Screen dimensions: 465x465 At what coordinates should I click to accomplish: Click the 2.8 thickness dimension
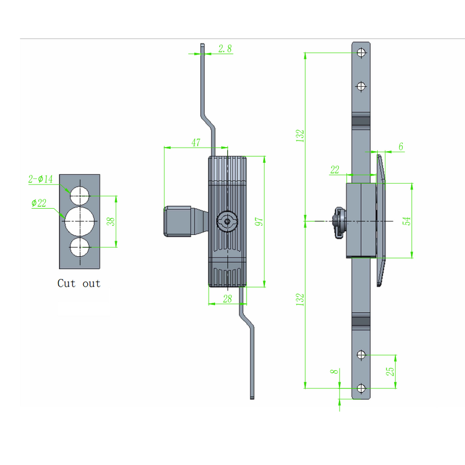tap(225, 49)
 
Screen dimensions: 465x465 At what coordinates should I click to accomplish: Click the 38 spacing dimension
tap(111, 221)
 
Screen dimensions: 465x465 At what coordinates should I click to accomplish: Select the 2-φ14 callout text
tap(40, 180)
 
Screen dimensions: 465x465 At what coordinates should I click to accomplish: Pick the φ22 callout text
tap(40, 203)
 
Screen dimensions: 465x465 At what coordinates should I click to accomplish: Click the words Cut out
tap(78, 284)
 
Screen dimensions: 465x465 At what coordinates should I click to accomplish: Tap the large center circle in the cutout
tap(80, 221)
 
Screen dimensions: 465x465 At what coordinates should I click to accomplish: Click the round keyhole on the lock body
tap(227, 221)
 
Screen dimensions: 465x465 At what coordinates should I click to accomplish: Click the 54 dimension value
tap(407, 221)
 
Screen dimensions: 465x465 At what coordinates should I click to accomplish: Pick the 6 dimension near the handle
tap(400, 148)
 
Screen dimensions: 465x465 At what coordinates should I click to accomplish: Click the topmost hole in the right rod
tap(362, 52)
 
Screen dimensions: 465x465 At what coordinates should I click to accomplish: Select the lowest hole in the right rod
tap(362, 388)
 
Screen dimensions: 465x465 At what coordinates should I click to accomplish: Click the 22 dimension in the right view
tap(335, 170)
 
